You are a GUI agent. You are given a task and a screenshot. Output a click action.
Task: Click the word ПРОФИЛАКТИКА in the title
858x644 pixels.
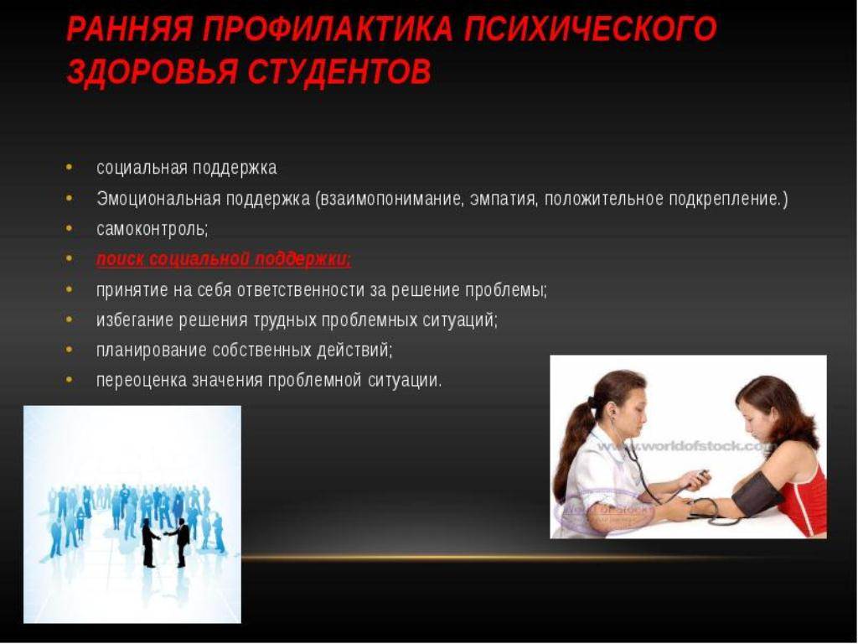(328, 29)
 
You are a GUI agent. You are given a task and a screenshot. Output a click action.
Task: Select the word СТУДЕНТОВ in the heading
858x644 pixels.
(339, 71)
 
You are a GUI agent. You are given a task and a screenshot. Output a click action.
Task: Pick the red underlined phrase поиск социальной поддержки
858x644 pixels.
(224, 258)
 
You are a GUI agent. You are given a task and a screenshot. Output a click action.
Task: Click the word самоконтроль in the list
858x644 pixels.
(152, 228)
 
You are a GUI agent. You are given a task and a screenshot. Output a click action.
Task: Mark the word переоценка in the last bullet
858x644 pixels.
(141, 380)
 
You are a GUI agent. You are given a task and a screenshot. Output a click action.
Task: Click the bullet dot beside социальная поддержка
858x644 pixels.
(69, 167)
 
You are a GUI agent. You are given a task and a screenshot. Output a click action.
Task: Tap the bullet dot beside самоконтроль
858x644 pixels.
(69, 228)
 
